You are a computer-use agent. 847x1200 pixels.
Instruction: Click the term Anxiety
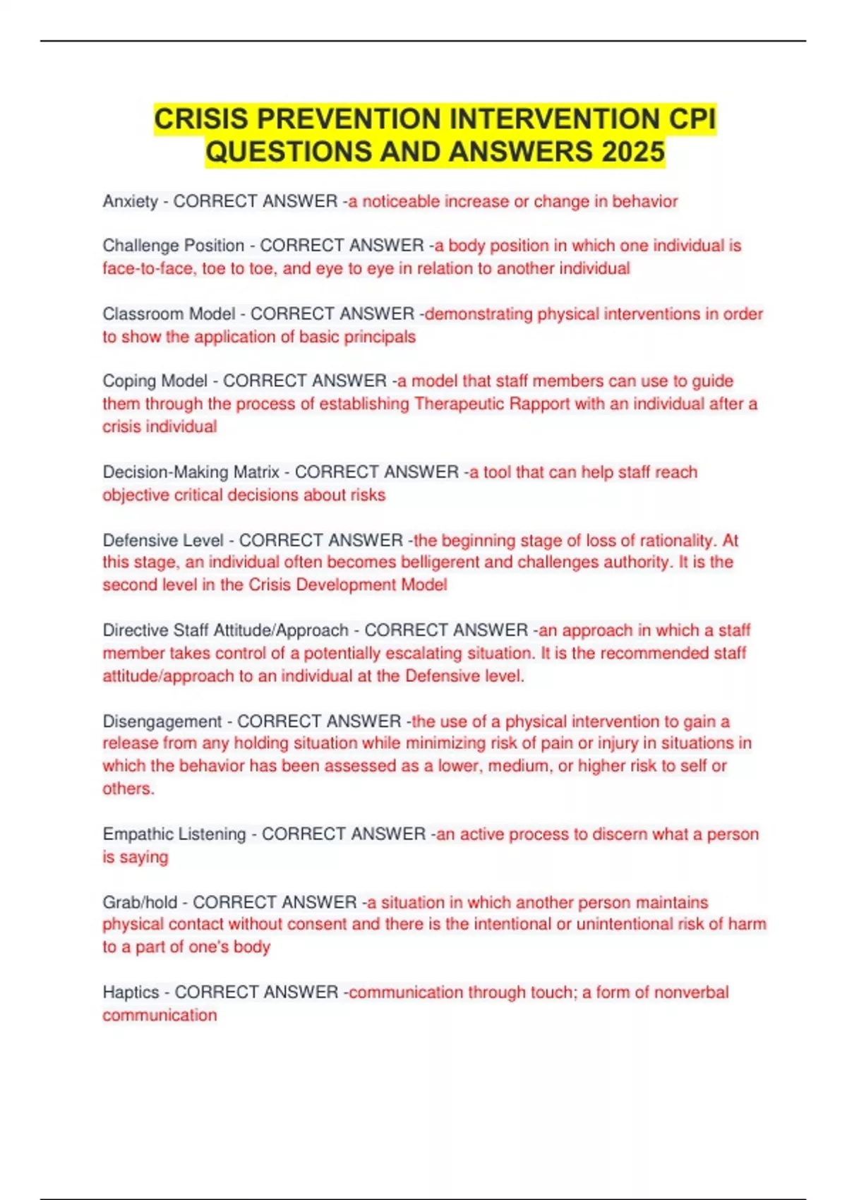(x=130, y=202)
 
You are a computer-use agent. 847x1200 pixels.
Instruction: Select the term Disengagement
(x=162, y=721)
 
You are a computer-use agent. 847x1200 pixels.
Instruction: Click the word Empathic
(x=138, y=834)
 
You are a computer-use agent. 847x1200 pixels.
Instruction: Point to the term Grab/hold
(x=140, y=902)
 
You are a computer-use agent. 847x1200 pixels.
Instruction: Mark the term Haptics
(x=131, y=992)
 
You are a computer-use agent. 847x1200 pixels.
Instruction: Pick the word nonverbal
(x=691, y=992)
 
